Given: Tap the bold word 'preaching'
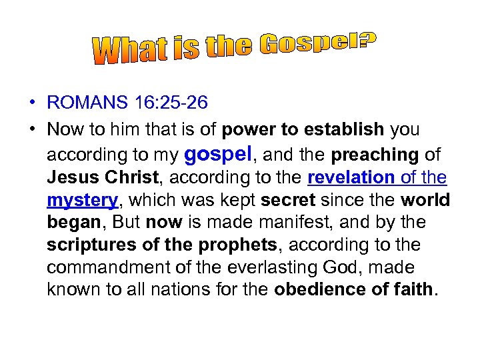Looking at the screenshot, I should click(374, 155).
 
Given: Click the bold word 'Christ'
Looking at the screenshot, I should click(129, 178).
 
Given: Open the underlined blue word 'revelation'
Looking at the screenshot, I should click(351, 178).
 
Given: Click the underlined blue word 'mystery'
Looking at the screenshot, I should click(82, 201).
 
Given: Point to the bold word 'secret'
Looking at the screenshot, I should click(287, 201).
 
